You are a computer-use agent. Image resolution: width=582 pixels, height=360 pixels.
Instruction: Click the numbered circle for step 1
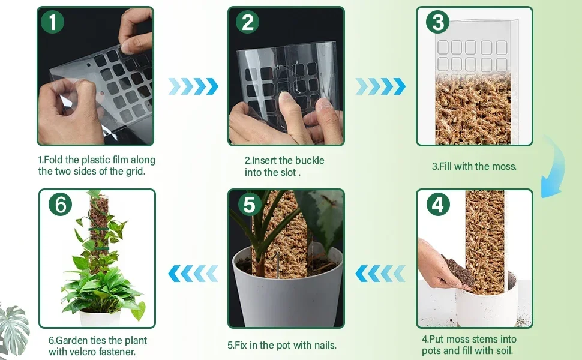[x=52, y=22]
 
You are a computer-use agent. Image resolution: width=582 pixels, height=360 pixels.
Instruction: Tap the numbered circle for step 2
[x=248, y=22]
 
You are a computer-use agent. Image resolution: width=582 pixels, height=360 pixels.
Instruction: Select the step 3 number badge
[x=437, y=22]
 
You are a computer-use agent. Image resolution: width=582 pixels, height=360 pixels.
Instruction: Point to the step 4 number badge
[x=438, y=204]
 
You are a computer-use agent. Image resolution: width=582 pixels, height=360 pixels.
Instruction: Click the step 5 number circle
[x=250, y=205]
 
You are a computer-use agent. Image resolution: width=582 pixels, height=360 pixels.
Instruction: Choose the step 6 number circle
[x=60, y=204]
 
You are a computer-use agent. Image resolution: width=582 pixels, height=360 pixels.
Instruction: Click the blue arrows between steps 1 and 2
[x=193, y=86]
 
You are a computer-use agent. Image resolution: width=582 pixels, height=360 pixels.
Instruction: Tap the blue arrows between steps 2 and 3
[x=380, y=86]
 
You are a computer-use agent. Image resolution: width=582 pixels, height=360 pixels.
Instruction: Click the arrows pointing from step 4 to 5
[x=380, y=274]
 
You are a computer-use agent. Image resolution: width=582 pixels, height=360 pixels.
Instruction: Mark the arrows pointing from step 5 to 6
[x=193, y=274]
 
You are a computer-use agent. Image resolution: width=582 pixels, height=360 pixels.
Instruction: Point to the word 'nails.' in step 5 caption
[x=325, y=345]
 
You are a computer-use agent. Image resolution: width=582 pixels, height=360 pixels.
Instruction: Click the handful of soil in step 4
[x=458, y=271]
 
